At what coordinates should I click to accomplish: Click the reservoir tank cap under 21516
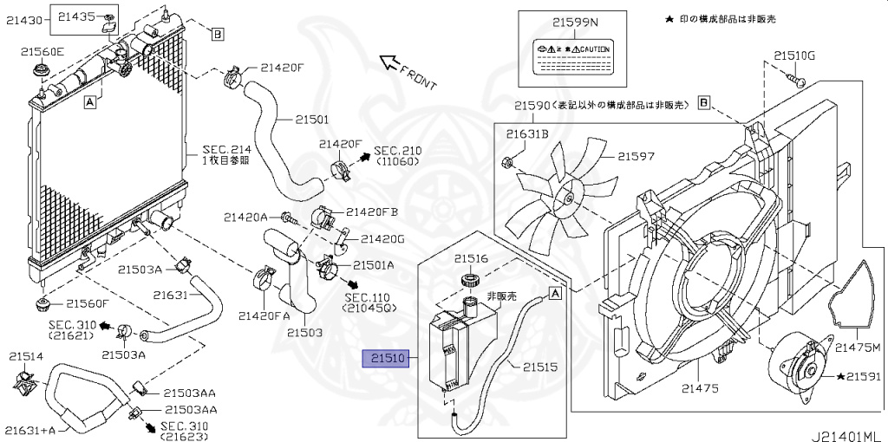click(x=471, y=280)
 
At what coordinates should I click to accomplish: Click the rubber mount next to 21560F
click(x=41, y=304)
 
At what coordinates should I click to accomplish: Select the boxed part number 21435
click(x=79, y=16)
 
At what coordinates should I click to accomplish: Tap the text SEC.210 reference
click(x=397, y=150)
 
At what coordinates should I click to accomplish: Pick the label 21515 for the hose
click(x=539, y=367)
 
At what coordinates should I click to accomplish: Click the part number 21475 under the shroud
click(x=701, y=388)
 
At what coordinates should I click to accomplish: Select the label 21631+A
click(x=29, y=429)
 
